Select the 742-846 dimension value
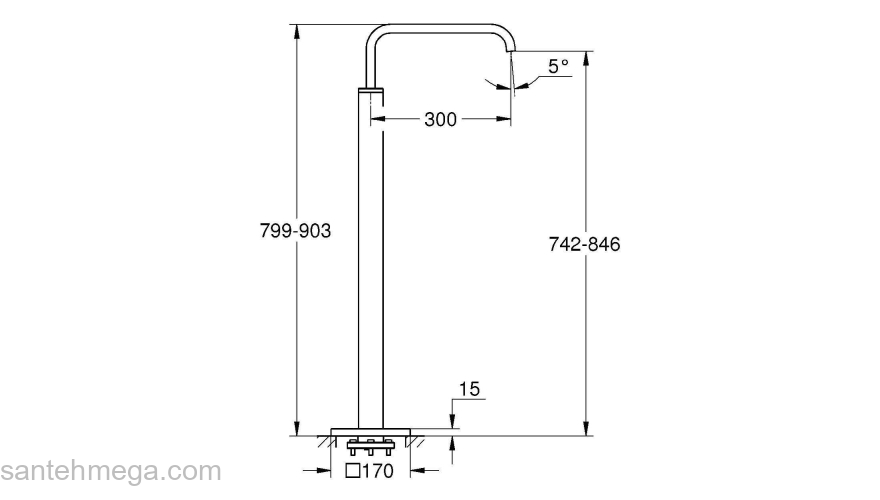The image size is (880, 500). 585,244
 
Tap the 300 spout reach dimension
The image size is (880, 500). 440,120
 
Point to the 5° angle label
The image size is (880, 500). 558,67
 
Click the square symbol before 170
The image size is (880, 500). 352,470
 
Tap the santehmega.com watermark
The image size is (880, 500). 110,470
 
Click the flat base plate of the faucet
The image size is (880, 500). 371,431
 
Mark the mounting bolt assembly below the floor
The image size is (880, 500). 371,444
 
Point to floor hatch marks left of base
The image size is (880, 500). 320,440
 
